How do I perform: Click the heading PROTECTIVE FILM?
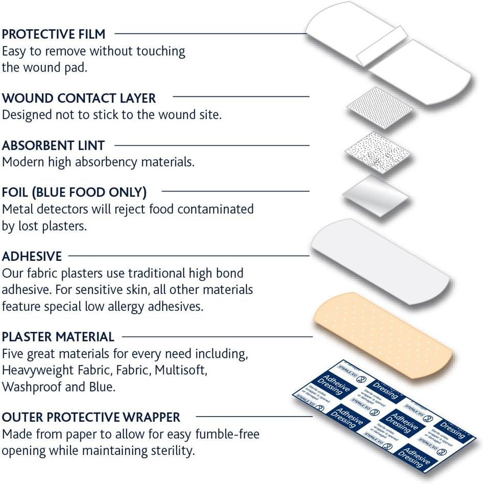click(x=54, y=34)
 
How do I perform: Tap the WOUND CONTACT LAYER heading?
click(x=79, y=98)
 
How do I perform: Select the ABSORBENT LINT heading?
click(x=53, y=146)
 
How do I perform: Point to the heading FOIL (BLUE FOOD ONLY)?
click(x=74, y=192)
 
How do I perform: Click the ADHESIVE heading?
click(x=32, y=256)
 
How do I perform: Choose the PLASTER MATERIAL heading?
click(x=58, y=337)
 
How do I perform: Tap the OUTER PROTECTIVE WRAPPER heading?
click(x=91, y=417)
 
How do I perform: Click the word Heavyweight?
click(x=38, y=371)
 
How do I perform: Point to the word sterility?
click(x=173, y=451)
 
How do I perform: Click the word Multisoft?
click(x=181, y=370)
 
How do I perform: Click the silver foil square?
click(x=376, y=196)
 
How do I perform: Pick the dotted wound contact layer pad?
click(x=380, y=107)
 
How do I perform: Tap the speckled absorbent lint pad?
click(x=377, y=153)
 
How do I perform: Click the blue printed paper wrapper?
click(x=384, y=417)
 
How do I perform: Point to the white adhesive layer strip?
click(x=380, y=261)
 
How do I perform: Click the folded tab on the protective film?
click(x=382, y=46)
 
